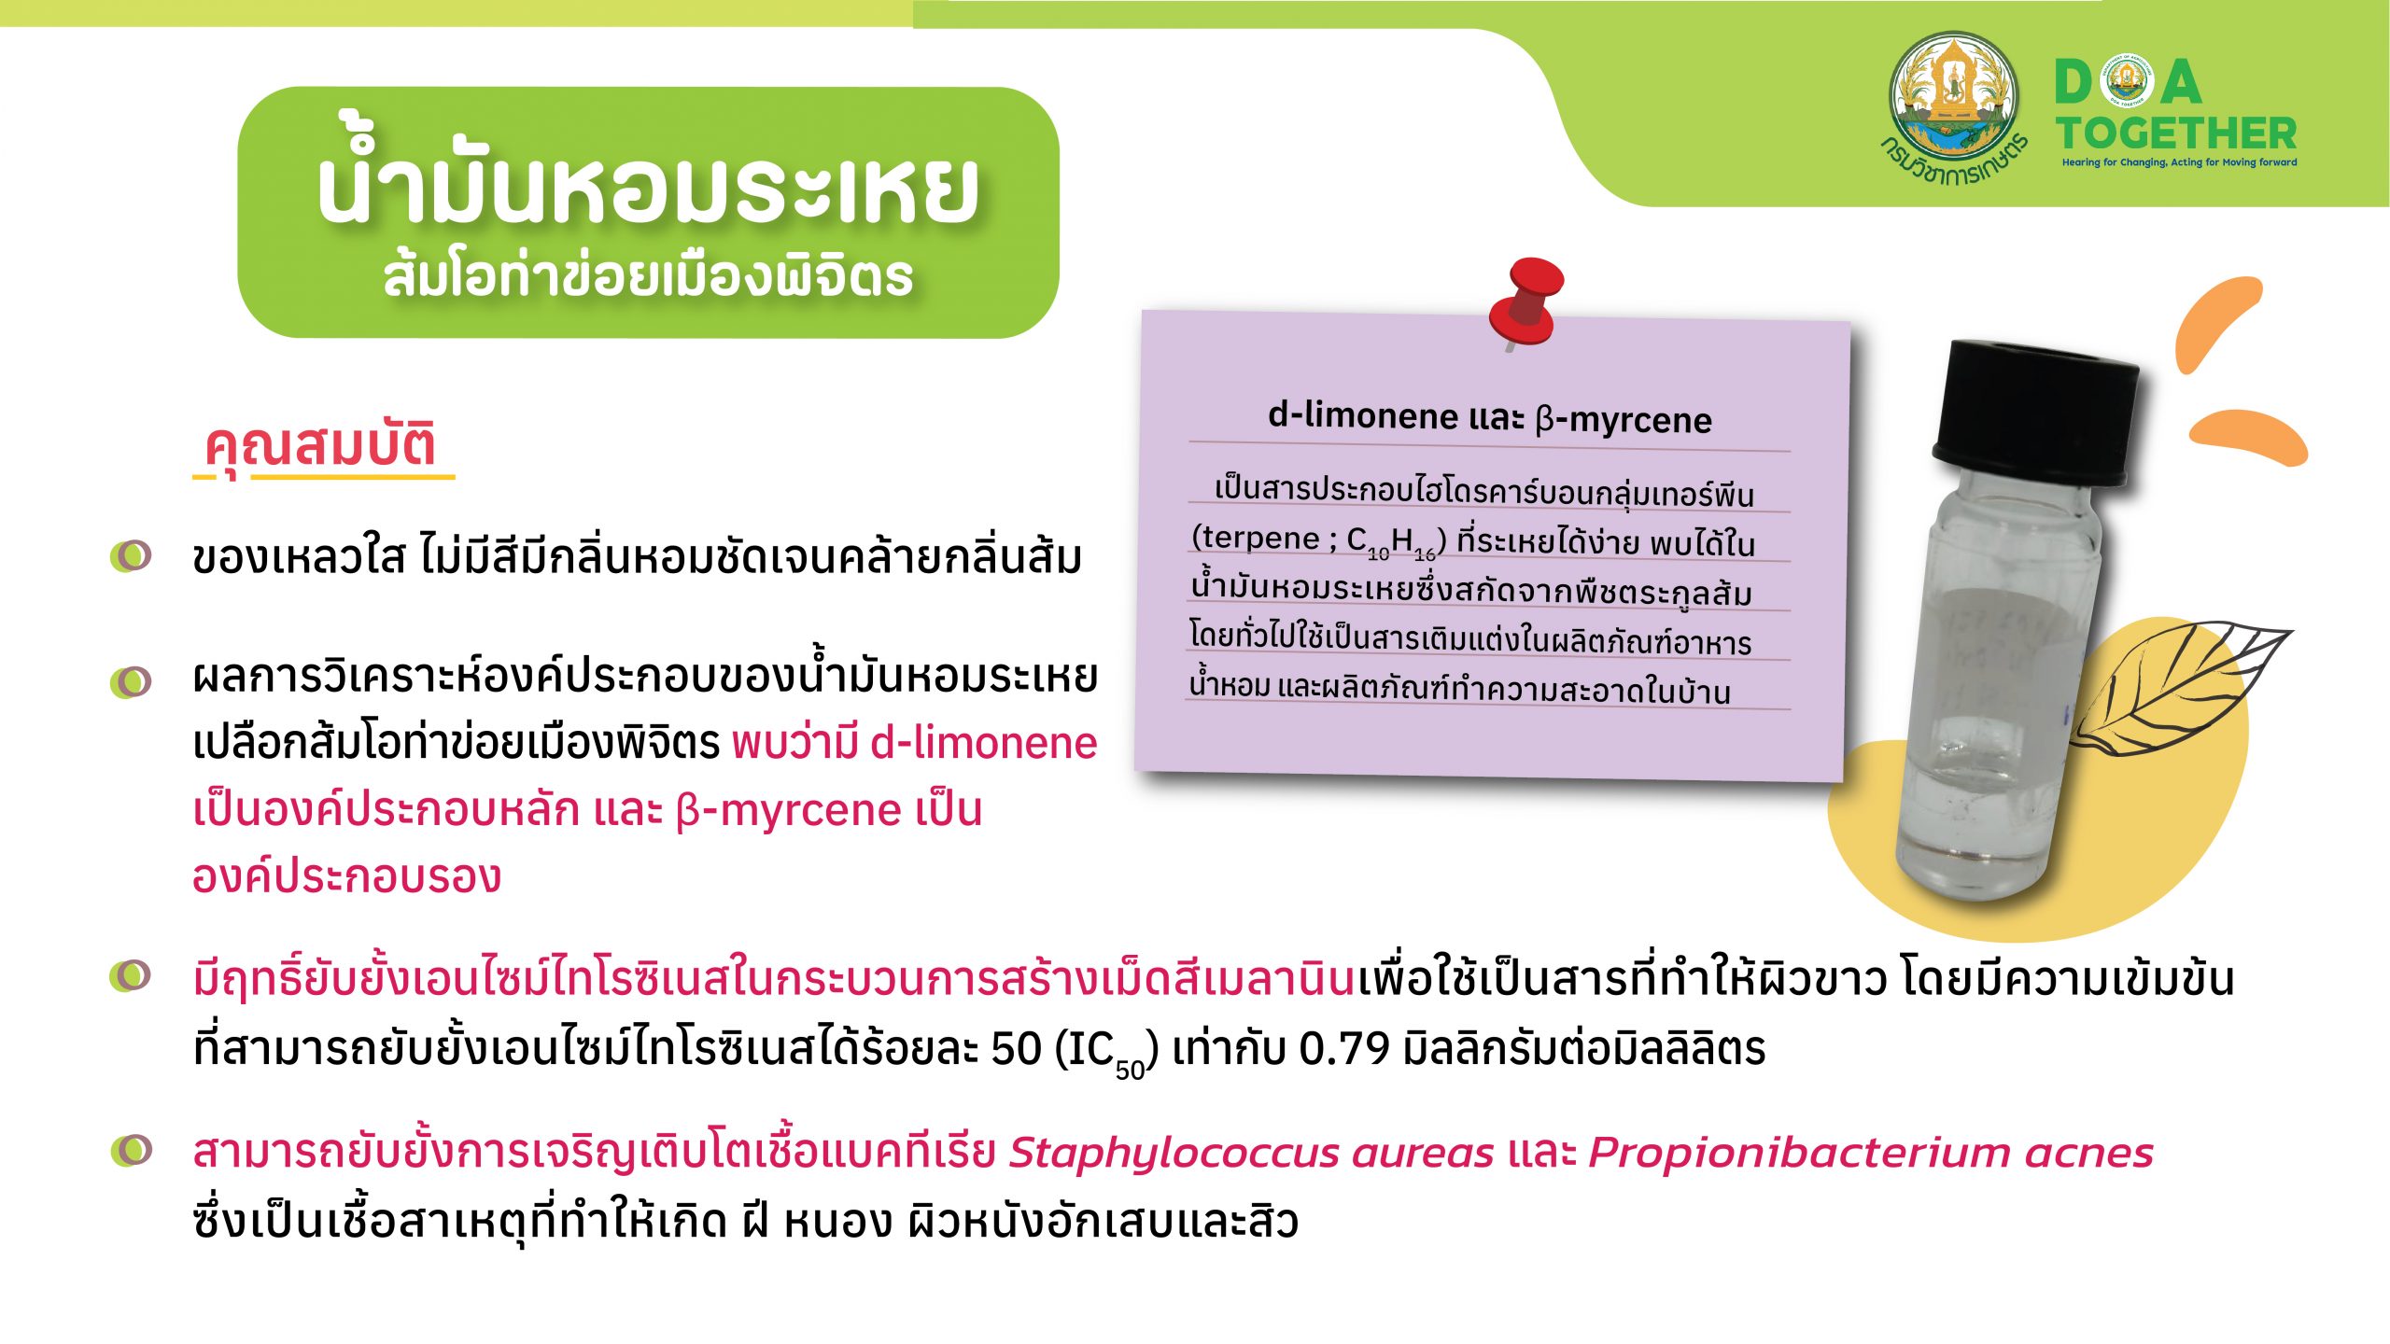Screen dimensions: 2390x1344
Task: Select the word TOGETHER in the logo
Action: [x=2176, y=133]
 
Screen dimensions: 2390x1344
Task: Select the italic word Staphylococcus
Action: [x=1174, y=1154]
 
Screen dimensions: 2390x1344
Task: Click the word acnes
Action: [x=2089, y=1155]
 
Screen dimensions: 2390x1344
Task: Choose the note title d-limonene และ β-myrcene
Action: [x=1490, y=417]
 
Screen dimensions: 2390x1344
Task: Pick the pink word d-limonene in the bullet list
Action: [x=984, y=743]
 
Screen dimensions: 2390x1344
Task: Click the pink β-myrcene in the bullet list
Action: [x=787, y=810]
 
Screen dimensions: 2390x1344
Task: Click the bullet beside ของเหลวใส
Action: [x=131, y=555]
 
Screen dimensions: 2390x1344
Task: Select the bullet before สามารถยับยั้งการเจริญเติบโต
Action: [x=131, y=1150]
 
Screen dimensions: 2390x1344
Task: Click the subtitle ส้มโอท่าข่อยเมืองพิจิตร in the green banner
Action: [x=648, y=276]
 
